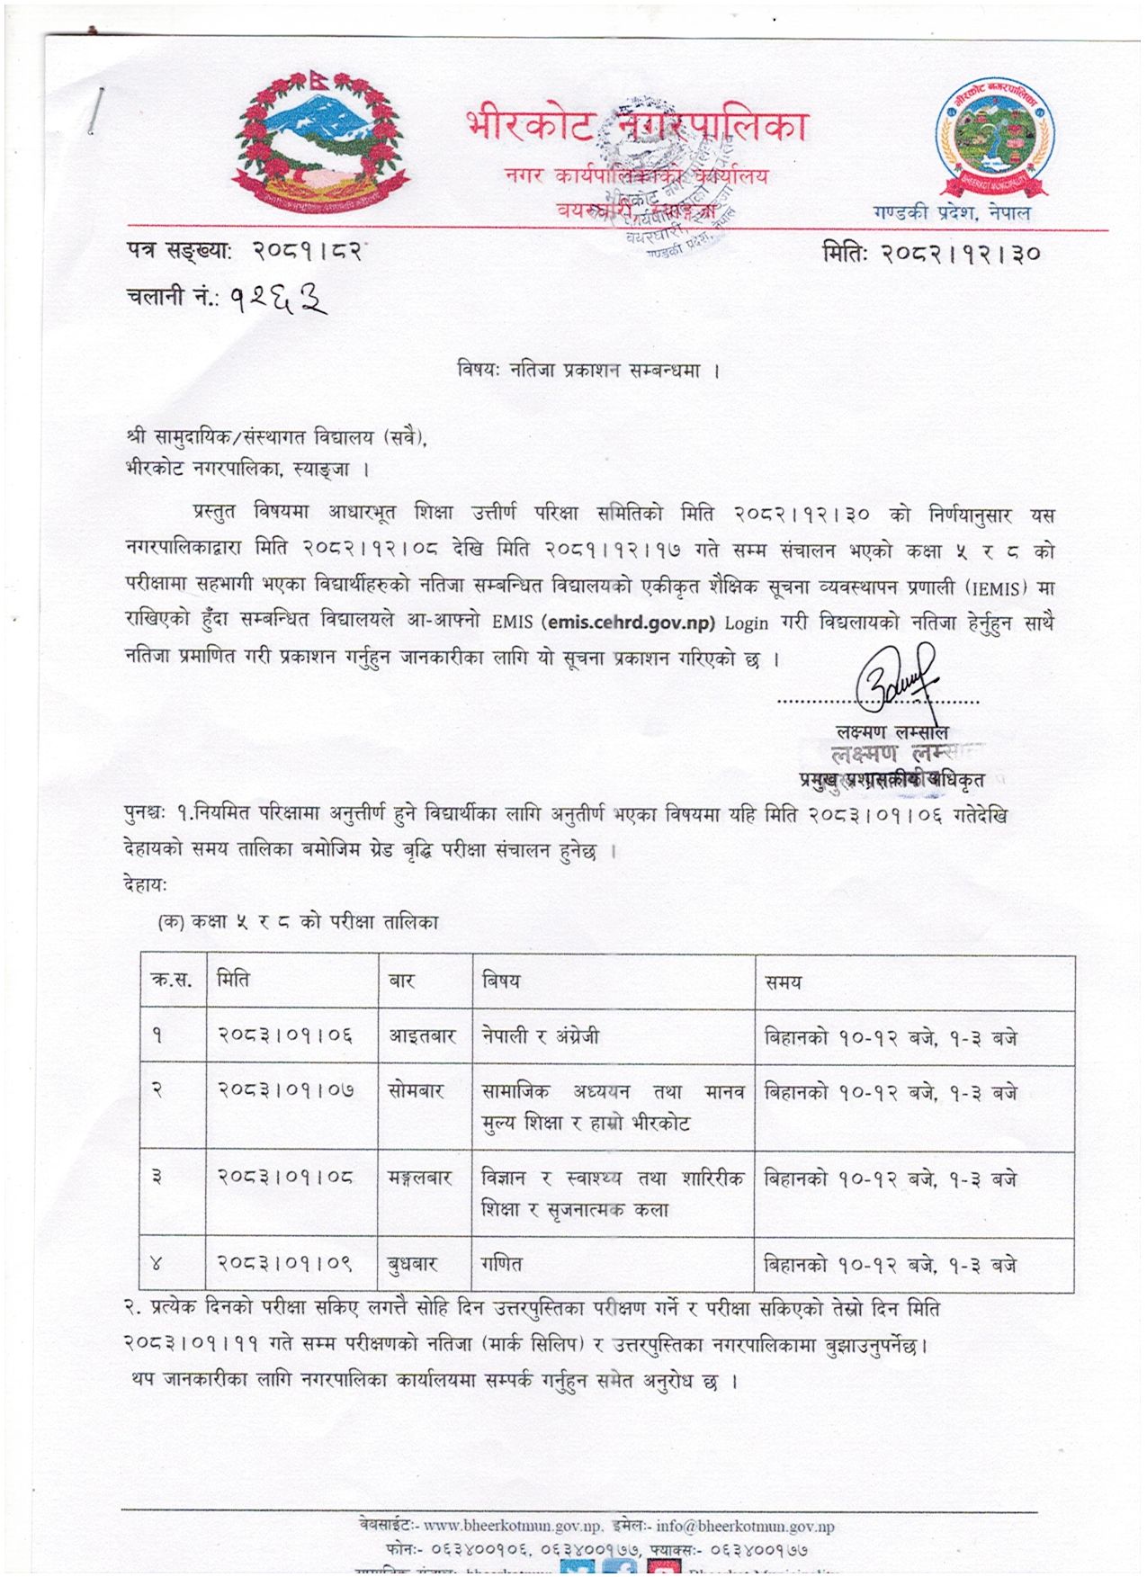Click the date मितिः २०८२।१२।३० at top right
coord(932,254)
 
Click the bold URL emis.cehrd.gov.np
coord(630,623)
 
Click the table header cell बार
coord(401,981)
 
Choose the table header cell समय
coord(783,983)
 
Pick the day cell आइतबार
coord(423,1036)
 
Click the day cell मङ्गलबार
coord(420,1178)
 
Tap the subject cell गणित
coord(502,1264)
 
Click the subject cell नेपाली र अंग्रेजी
coord(540,1036)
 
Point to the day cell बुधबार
coord(413,1264)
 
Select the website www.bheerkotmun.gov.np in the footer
coord(513,1526)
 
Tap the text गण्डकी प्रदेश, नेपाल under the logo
coord(952,213)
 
